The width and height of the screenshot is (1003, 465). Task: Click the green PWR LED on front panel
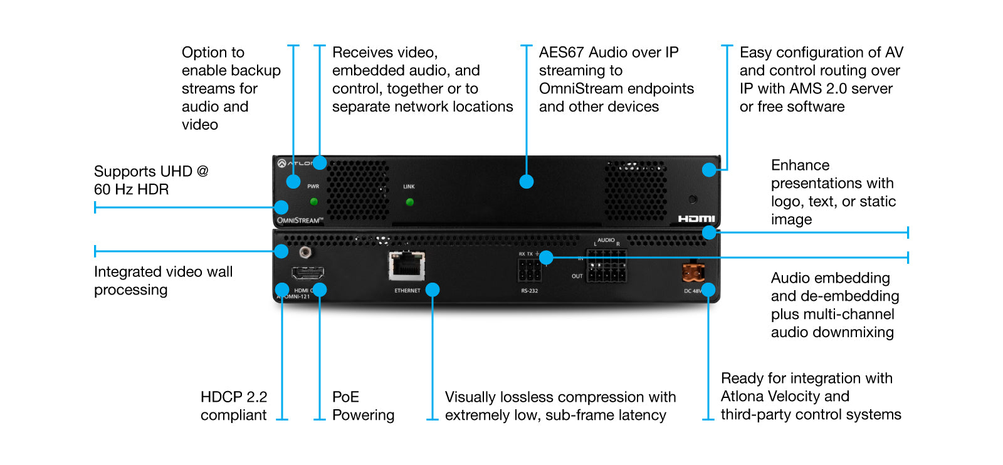coord(314,201)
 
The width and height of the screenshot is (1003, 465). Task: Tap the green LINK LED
coord(409,202)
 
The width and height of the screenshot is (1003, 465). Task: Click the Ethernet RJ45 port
coord(407,266)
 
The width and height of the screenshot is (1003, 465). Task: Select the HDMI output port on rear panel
coord(307,274)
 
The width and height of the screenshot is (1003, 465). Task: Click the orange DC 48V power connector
coord(693,273)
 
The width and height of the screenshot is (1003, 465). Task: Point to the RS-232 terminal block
coord(529,271)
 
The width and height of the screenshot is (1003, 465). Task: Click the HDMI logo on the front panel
coord(696,219)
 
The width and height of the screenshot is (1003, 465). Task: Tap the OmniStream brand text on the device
coord(300,220)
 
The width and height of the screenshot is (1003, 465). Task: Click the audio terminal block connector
coord(606,266)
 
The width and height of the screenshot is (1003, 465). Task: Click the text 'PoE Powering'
coord(363,406)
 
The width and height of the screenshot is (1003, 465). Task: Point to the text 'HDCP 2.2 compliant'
coord(234,406)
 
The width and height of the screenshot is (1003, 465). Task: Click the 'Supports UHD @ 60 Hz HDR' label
coord(150,180)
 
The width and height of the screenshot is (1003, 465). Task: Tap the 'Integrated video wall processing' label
coord(163,281)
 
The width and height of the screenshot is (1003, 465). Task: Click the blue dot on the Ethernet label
coord(433,290)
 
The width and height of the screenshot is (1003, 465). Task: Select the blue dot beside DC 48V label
coord(708,290)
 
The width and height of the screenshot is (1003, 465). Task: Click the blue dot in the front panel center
coord(527,182)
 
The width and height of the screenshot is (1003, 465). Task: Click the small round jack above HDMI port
coord(305,253)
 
